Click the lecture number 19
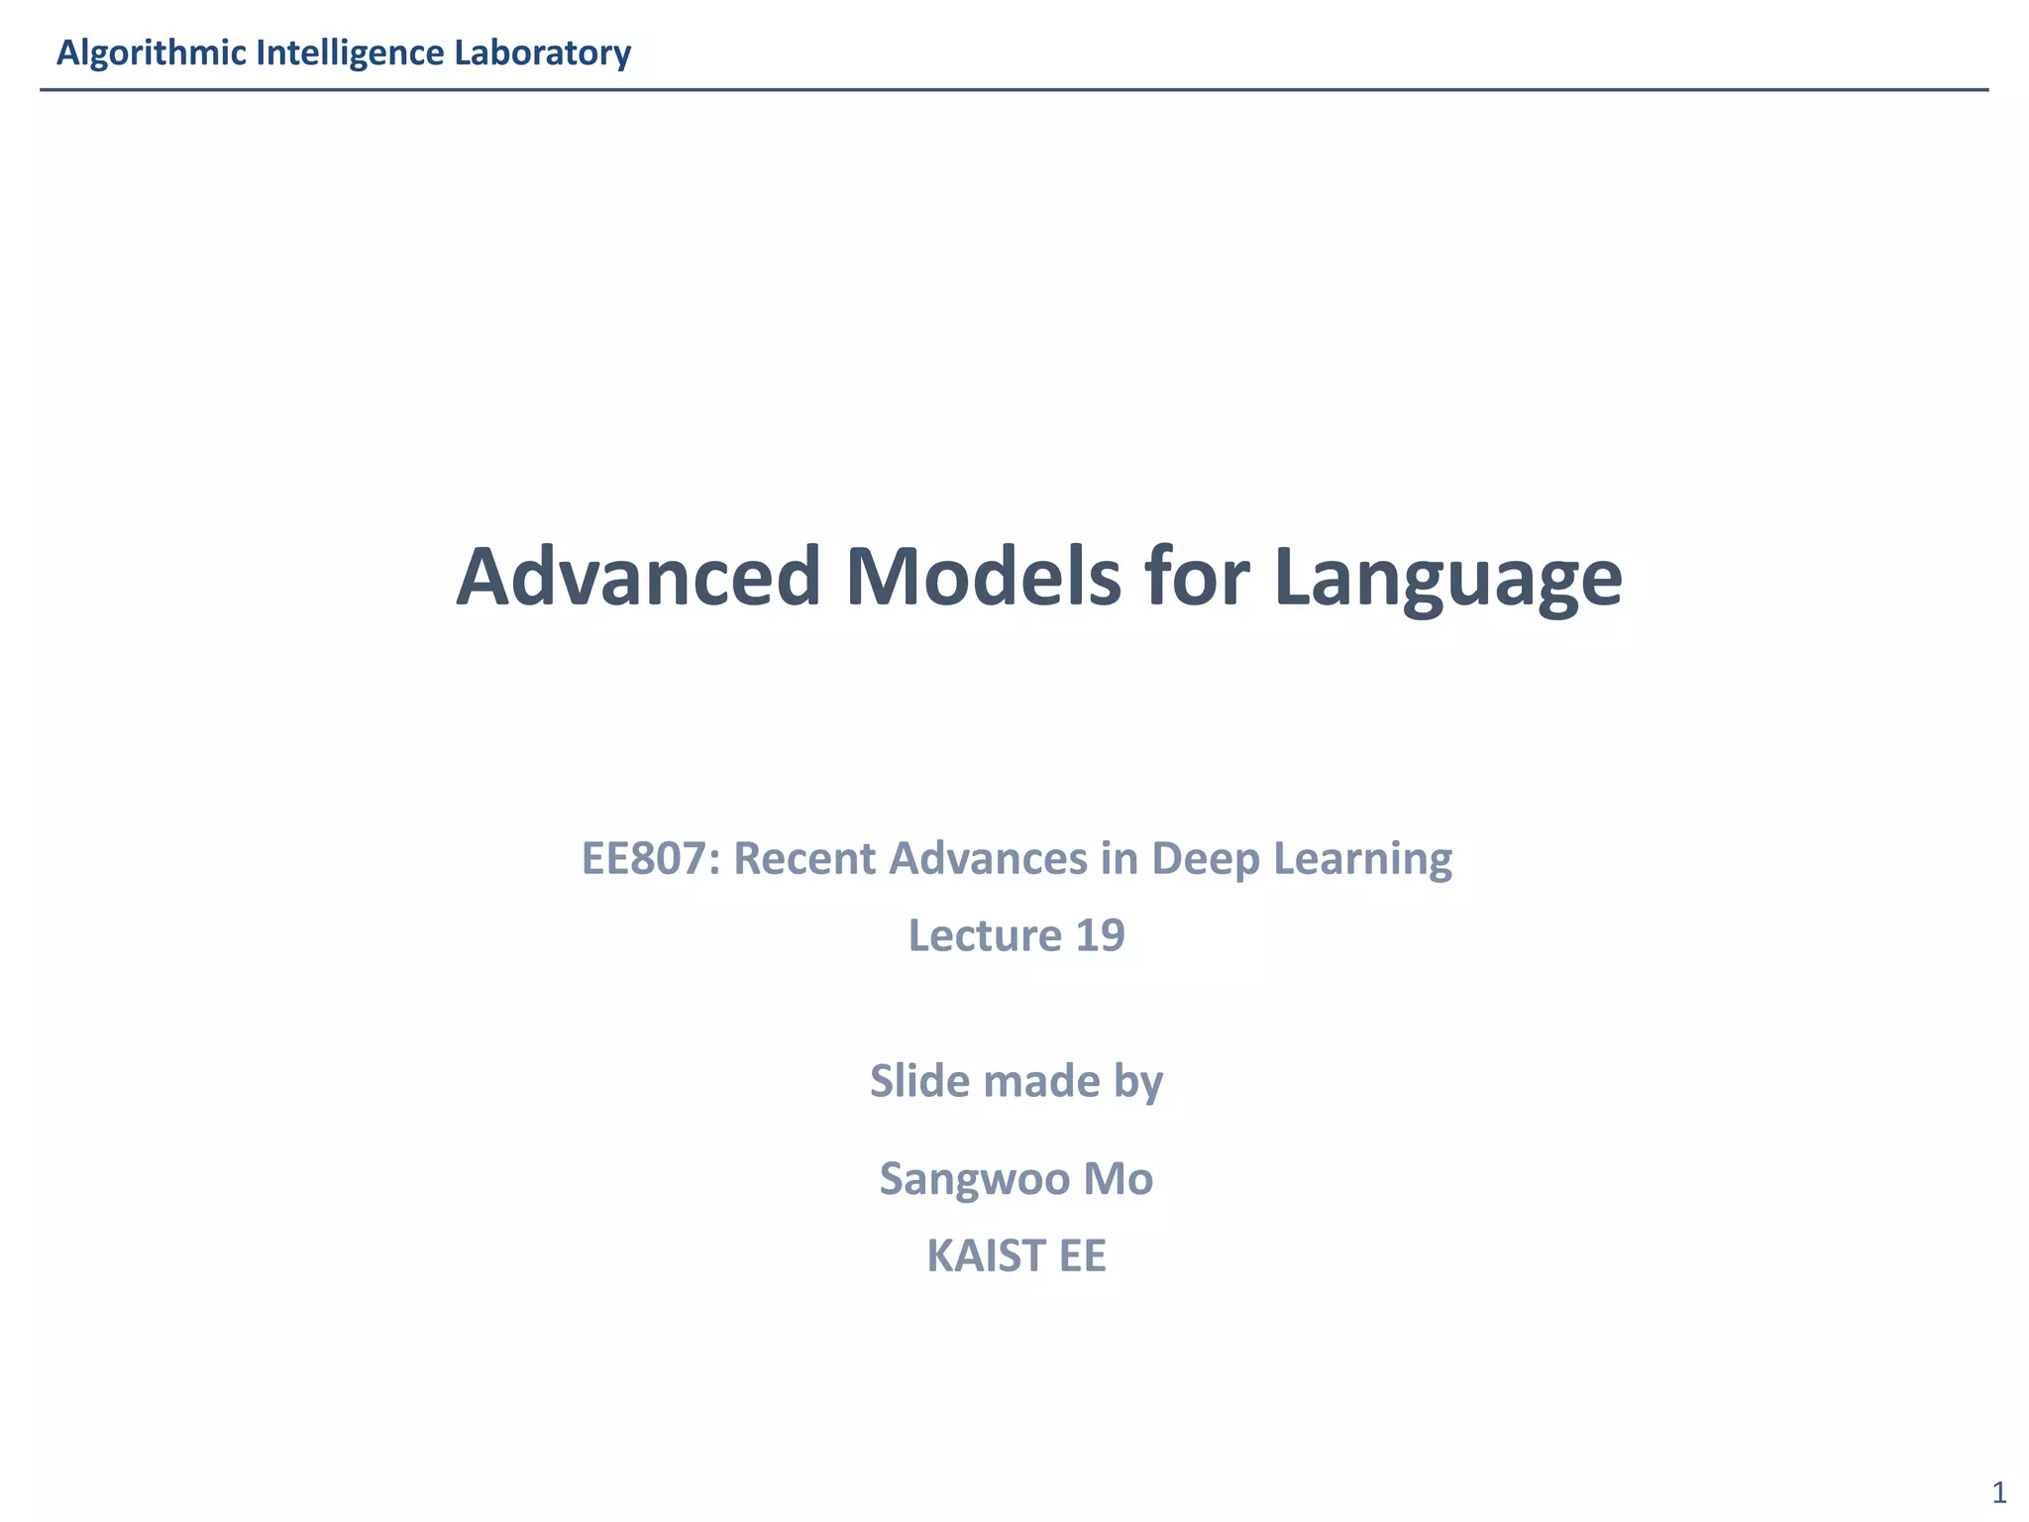pyautogui.click(x=1099, y=935)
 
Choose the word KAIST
pyautogui.click(x=986, y=1255)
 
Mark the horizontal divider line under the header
pyautogui.click(x=1014, y=90)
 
